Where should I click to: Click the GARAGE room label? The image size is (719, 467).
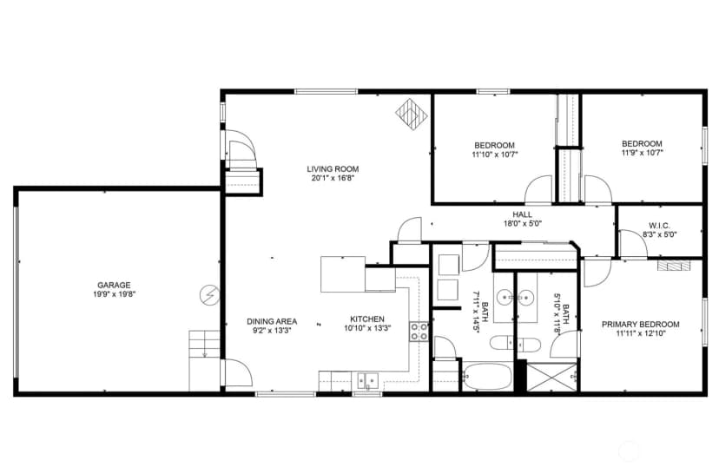click(114, 285)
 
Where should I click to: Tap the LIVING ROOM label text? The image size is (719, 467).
click(333, 169)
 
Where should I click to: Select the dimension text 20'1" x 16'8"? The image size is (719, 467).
click(333, 178)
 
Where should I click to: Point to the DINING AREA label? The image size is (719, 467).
click(272, 321)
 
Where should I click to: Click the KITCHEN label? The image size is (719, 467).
click(367, 319)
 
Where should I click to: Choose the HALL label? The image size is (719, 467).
click(522, 214)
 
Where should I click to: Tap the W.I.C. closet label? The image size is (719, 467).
click(659, 226)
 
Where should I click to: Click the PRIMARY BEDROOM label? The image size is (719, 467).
click(641, 325)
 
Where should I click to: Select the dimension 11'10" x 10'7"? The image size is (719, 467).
click(495, 155)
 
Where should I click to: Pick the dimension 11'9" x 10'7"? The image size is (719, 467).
click(642, 153)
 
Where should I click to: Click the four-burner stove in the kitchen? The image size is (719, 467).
click(419, 332)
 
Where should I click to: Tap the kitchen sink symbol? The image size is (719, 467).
click(368, 381)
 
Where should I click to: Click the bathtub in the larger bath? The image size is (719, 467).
click(487, 377)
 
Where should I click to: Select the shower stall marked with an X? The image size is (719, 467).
click(552, 377)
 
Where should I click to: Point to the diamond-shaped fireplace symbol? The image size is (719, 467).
click(412, 114)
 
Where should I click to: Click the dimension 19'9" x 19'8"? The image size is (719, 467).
click(114, 294)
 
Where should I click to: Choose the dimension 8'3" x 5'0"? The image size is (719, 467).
click(660, 234)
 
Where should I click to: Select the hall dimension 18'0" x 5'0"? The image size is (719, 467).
click(523, 224)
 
